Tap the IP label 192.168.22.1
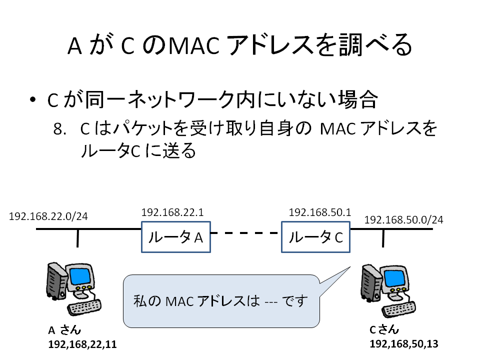coord(172,212)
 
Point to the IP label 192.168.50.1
coord(320,212)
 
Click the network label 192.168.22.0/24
coord(48,216)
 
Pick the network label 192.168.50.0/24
coord(403,220)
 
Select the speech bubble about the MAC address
coord(221,301)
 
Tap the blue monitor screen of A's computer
coord(80,276)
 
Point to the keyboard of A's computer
coord(84,307)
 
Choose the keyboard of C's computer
coord(398,309)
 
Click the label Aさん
coord(64,330)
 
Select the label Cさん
coord(384,329)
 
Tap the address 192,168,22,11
coord(82,344)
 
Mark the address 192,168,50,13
coord(404,344)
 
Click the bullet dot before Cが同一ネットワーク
coord(33,99)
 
